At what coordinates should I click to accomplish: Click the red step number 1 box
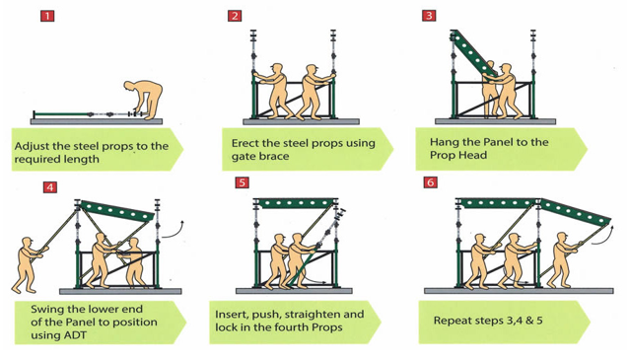click(47, 16)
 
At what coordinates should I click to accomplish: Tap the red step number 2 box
click(235, 16)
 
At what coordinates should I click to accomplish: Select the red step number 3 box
click(429, 15)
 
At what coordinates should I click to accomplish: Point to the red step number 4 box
click(49, 187)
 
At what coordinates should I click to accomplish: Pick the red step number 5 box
click(242, 182)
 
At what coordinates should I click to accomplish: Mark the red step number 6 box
click(430, 182)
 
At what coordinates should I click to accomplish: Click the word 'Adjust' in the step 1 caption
click(32, 146)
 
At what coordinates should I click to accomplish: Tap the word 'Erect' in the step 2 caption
click(244, 143)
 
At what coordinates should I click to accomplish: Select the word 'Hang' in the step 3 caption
click(442, 143)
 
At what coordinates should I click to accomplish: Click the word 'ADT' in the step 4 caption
click(76, 335)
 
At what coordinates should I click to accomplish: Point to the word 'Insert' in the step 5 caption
click(231, 314)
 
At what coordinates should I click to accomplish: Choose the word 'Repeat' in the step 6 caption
click(449, 322)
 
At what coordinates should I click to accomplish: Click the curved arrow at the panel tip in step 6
click(602, 235)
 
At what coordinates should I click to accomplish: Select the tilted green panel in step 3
click(474, 52)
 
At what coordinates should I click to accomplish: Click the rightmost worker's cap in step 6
click(562, 235)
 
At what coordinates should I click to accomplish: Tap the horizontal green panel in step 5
click(297, 203)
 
